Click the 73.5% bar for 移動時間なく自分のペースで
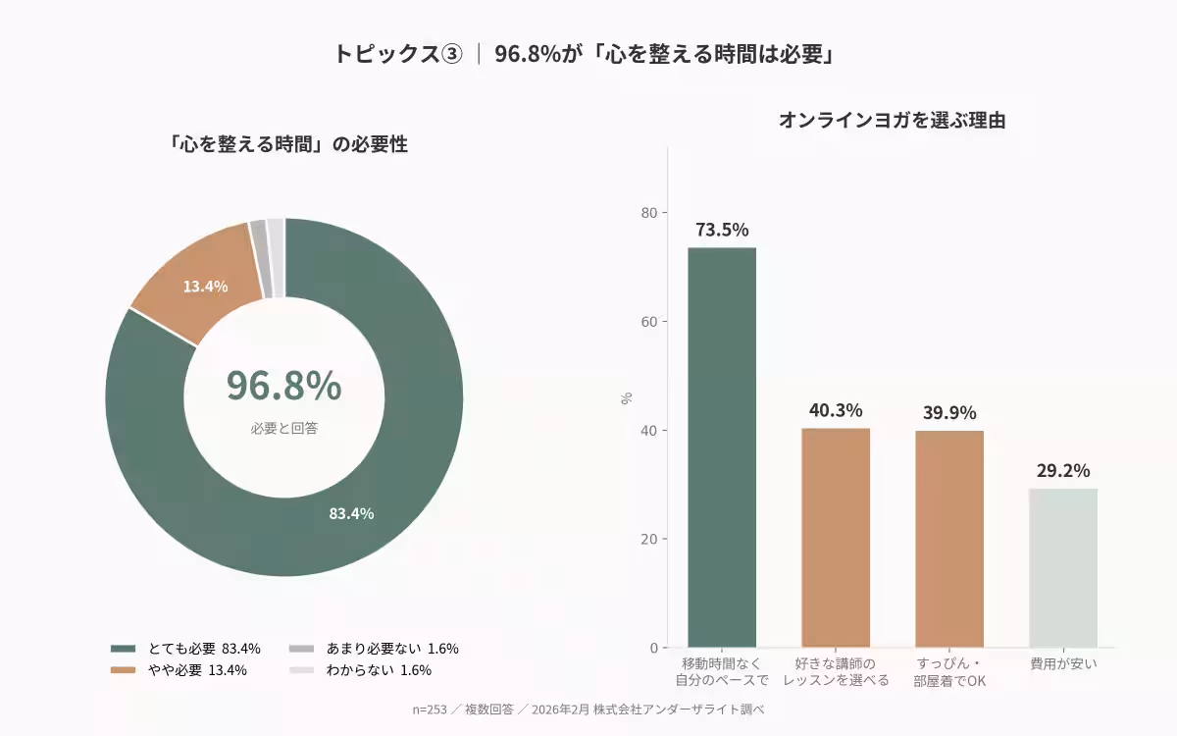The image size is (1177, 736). coord(722,447)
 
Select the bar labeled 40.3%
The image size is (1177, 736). coord(836,537)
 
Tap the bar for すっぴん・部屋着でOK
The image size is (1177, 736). coord(949,538)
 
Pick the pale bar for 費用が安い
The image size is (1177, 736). coord(1063,567)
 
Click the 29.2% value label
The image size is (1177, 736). coord(1063,471)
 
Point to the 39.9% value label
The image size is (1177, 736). coord(949,413)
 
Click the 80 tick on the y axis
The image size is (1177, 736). coord(648,213)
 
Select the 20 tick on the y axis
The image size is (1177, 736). coord(648,539)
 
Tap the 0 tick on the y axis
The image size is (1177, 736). coord(652,648)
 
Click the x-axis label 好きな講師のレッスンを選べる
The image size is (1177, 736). coord(836,672)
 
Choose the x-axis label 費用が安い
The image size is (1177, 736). coord(1063,664)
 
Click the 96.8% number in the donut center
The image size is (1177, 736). coord(283,387)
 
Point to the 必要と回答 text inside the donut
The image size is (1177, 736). coord(283,429)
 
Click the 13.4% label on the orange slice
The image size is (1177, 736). coord(205,287)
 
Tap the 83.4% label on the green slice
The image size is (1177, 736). coord(351,513)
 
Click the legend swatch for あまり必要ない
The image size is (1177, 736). coord(301,649)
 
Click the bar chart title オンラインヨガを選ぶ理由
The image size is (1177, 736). coord(892,121)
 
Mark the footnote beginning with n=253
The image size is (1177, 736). coord(588,710)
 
